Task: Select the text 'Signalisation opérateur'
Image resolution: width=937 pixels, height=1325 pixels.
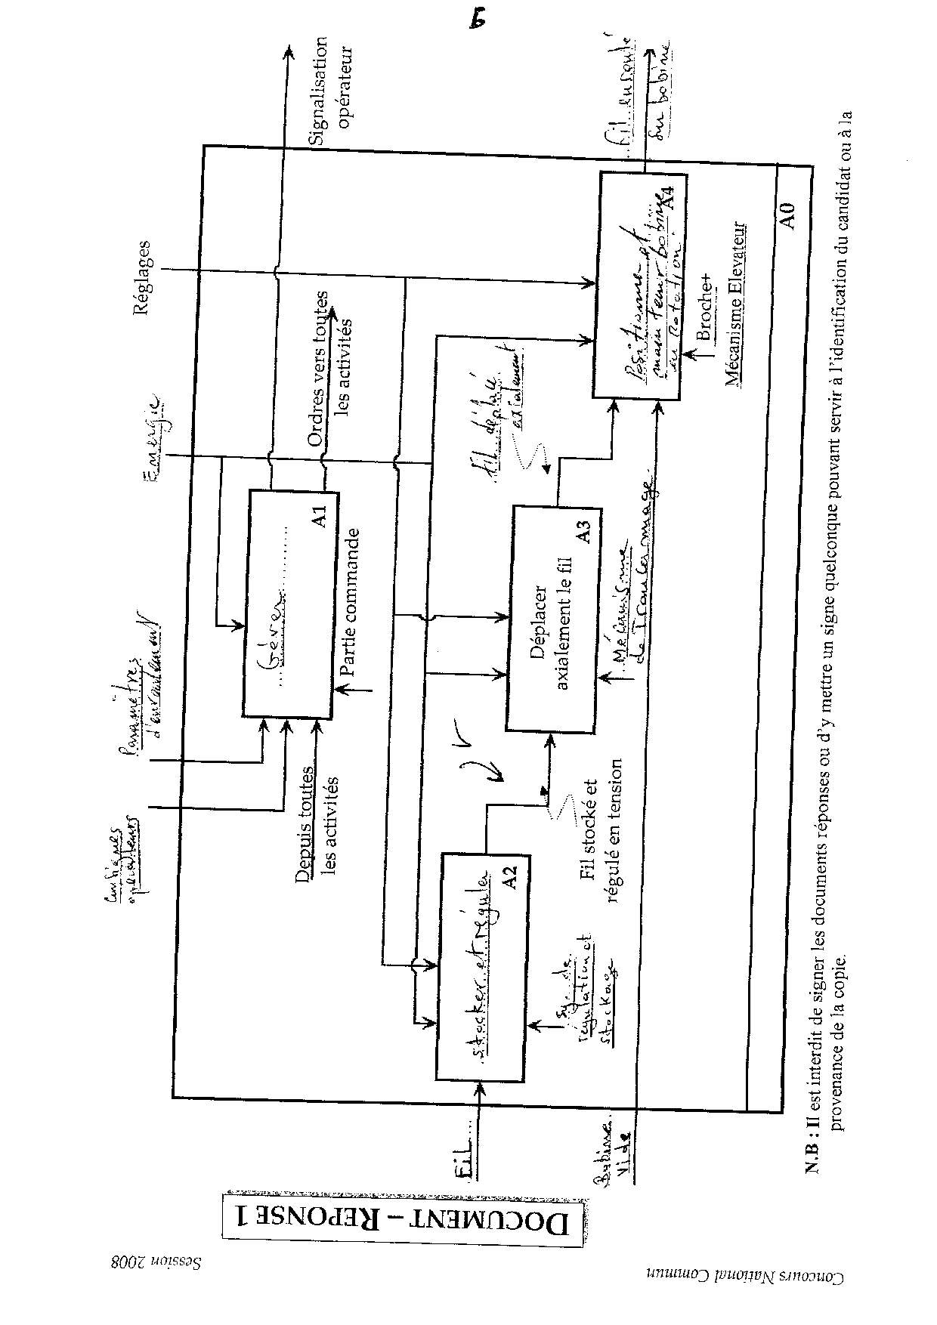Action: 331,91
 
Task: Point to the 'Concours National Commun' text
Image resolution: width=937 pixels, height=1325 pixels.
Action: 744,1297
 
